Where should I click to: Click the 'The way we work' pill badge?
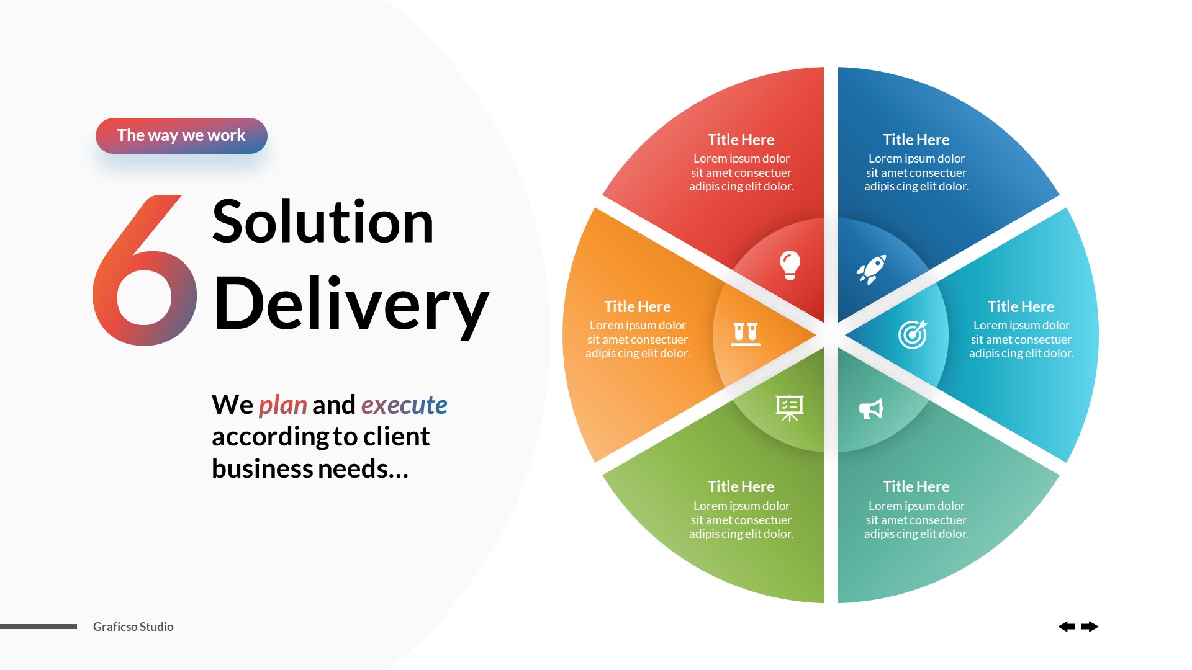tap(181, 136)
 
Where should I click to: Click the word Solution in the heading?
tap(322, 222)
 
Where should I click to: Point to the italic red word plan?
tap(282, 405)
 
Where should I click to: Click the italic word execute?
tap(404, 405)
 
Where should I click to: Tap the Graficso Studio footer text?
tap(133, 627)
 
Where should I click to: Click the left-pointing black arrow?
tap(1067, 627)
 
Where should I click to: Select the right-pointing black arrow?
tap(1090, 627)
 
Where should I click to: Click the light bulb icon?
tap(790, 266)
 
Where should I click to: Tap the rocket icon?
tap(871, 269)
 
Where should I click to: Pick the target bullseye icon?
tap(913, 334)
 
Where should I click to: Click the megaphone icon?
tap(871, 409)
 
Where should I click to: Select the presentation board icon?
tap(790, 408)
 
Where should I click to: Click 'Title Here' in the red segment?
tap(741, 140)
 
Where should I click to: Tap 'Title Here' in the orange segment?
tap(638, 306)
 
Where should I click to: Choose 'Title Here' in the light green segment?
tap(741, 486)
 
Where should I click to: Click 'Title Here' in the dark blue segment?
tap(916, 140)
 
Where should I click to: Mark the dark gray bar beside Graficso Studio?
tap(38, 627)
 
